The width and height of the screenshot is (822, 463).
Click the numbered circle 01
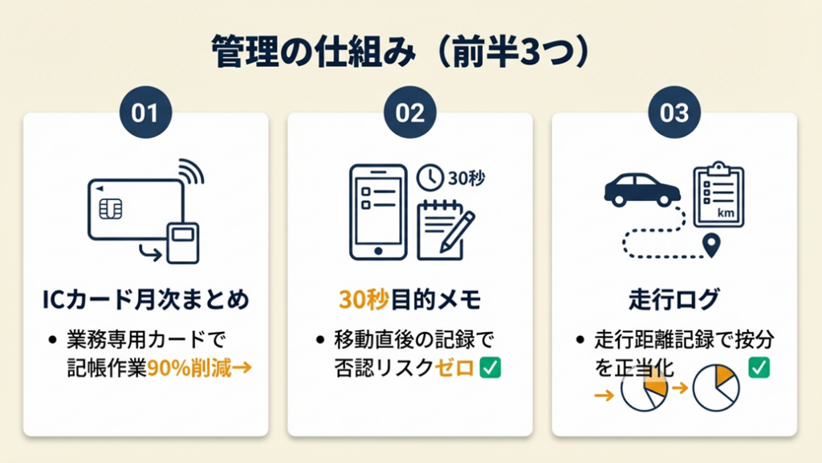146,113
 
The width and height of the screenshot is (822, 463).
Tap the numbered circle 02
410,113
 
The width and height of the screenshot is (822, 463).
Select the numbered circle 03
674,113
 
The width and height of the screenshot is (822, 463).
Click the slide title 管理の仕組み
314,51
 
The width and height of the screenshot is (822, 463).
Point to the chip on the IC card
111,209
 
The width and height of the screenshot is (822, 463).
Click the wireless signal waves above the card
191,171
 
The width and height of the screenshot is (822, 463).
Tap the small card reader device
183,243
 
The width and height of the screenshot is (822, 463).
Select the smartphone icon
379,212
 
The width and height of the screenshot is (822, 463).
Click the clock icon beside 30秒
430,178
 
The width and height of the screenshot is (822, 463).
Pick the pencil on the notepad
458,231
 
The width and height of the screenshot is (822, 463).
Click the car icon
642,190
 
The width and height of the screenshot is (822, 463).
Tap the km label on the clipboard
726,213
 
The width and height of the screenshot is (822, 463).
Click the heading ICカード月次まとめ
146,300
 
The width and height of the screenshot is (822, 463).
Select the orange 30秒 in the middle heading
364,300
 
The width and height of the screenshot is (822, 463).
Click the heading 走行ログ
674,300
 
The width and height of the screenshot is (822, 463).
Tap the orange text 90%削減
189,368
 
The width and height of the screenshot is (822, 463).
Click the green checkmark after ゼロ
490,367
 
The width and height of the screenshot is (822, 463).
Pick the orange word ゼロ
454,368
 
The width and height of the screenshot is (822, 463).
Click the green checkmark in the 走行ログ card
759,367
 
